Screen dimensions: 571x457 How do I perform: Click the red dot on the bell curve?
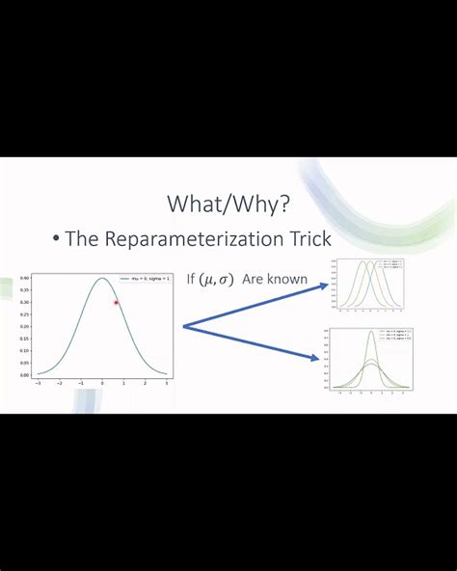point(116,303)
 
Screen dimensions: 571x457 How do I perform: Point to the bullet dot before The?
point(56,239)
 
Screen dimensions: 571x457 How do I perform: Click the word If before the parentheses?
point(191,280)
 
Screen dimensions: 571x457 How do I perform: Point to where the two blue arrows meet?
point(183,327)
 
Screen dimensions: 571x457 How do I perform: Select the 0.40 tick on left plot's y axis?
point(24,279)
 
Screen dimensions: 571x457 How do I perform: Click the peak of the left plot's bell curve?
point(102,279)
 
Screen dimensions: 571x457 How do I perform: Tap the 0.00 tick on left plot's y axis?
point(24,375)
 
